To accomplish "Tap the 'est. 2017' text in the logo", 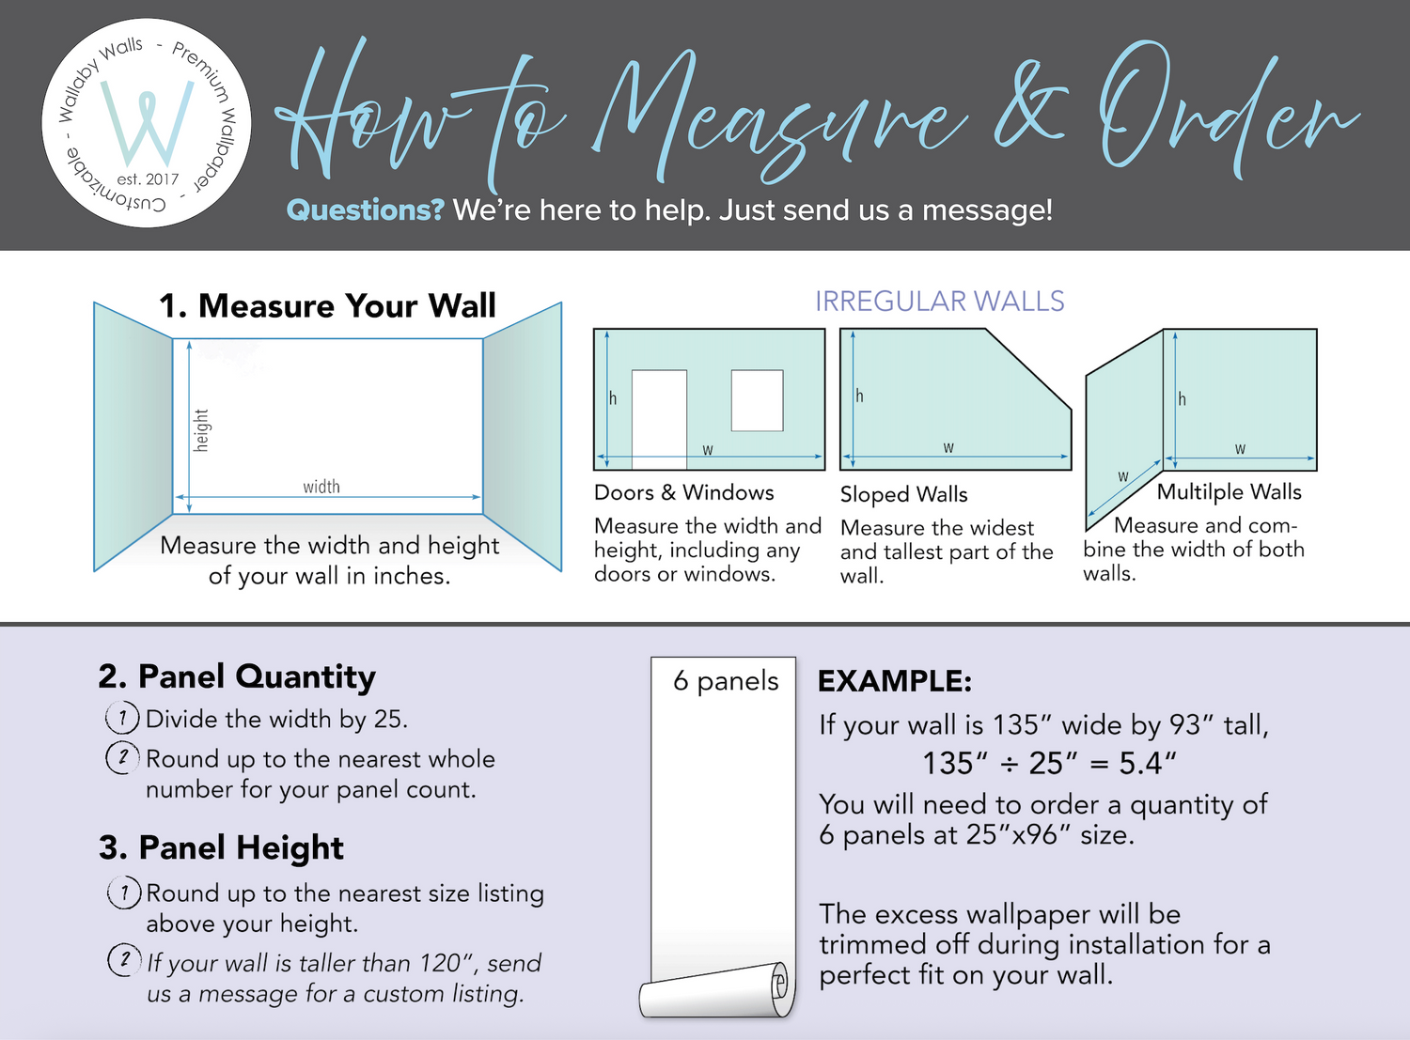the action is (148, 179).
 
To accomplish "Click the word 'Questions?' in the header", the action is (365, 210).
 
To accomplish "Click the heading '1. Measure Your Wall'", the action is (327, 305).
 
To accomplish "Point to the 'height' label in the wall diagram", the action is (201, 430).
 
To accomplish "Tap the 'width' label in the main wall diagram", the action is (321, 487).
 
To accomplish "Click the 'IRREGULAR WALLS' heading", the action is (940, 302).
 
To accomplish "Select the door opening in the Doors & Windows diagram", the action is (659, 419).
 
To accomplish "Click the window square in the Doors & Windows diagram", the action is (757, 400).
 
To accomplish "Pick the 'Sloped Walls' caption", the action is (903, 494).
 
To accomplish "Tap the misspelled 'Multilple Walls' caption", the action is (1229, 491).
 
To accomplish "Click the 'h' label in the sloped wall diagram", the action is (859, 396).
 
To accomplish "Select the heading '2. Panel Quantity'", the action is (237, 676).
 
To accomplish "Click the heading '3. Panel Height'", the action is (221, 847).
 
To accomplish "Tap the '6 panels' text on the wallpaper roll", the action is (726, 681).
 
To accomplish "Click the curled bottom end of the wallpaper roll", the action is (715, 990).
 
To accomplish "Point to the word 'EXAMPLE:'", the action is (895, 681).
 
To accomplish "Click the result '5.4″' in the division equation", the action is (1148, 763).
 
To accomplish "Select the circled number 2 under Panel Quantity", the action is (123, 757).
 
